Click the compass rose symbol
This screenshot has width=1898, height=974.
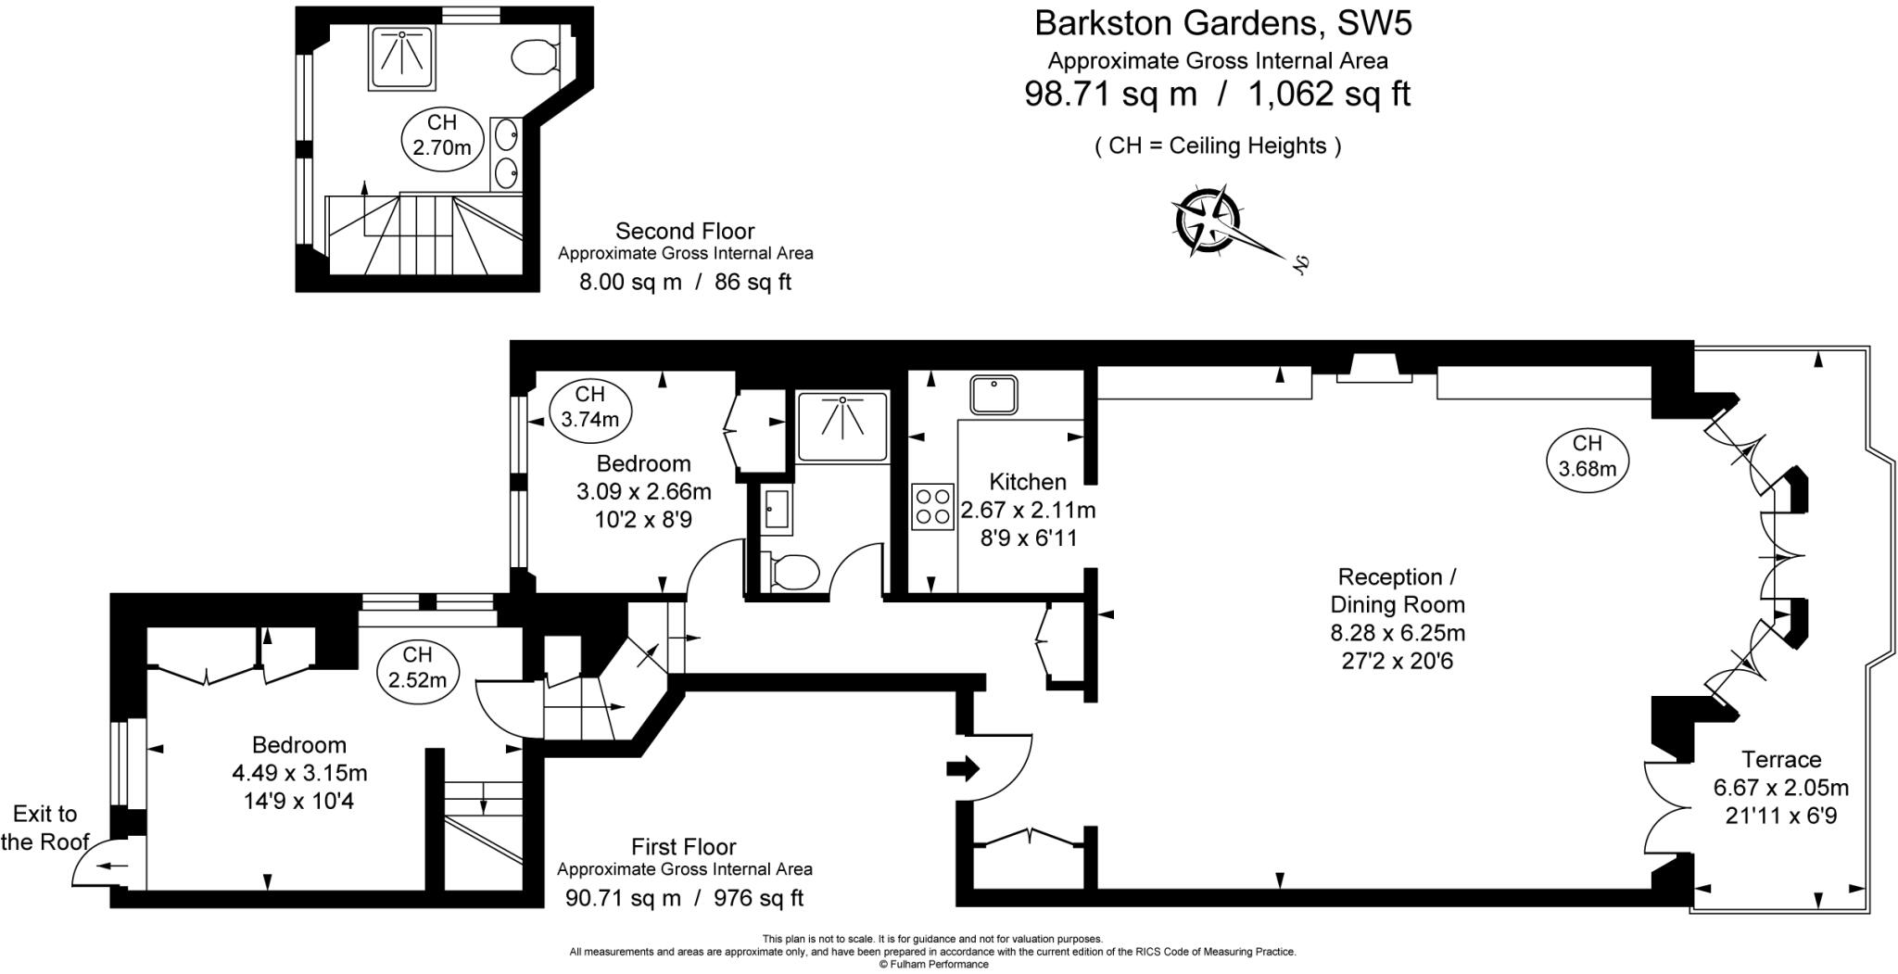pyautogui.click(x=1208, y=221)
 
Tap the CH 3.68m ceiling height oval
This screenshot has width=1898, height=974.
pyautogui.click(x=1587, y=457)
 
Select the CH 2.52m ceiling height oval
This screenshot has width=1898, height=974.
pyautogui.click(x=417, y=667)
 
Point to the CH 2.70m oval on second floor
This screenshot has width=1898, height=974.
pyautogui.click(x=442, y=135)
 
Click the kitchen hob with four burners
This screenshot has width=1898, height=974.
pyautogui.click(x=932, y=507)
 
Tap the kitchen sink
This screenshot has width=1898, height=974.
pyautogui.click(x=993, y=394)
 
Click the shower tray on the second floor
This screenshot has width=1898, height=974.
pyautogui.click(x=402, y=58)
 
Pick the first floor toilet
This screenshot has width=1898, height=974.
pyautogui.click(x=789, y=571)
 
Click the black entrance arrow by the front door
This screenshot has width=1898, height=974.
pyautogui.click(x=963, y=768)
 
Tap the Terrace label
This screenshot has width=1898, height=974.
pyautogui.click(x=1781, y=760)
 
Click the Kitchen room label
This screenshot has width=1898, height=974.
pyautogui.click(x=1027, y=482)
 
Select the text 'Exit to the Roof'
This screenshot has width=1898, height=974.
pyautogui.click(x=44, y=828)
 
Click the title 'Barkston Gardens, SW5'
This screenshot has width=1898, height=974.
pyautogui.click(x=1222, y=23)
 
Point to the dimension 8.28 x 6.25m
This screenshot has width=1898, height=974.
pyautogui.click(x=1398, y=634)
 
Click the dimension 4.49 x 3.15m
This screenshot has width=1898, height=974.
pyautogui.click(x=299, y=772)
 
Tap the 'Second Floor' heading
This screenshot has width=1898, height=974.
pyautogui.click(x=685, y=231)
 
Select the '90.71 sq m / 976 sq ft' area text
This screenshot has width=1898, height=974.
pyautogui.click(x=684, y=898)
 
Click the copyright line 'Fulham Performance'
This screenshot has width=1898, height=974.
pyautogui.click(x=933, y=965)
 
